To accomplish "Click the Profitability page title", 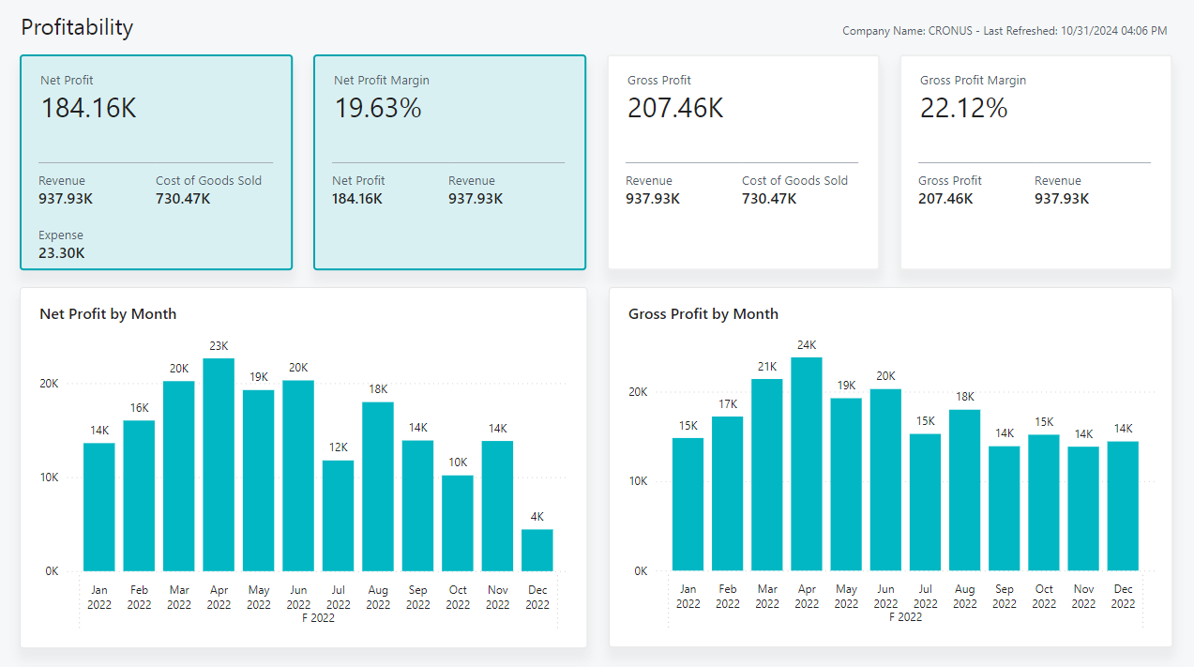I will pos(77,27).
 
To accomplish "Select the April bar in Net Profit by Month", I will pos(219,464).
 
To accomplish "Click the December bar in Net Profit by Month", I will pos(537,550).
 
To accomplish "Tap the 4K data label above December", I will pos(537,517).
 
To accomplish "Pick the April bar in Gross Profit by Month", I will pos(807,464).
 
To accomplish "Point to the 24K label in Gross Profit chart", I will pos(807,344).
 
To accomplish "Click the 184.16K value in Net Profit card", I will pos(88,108).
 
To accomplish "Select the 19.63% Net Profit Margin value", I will pos(378,108).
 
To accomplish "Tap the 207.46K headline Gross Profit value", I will pos(675,108).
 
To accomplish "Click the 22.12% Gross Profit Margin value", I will pos(963,108).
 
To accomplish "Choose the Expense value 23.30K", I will pos(62,252).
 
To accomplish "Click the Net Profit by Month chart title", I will pos(108,314).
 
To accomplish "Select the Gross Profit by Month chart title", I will pos(703,314).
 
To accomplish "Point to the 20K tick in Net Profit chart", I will pos(49,384).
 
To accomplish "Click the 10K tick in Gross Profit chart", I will pos(638,481).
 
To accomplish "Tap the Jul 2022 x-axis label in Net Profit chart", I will pos(339,598).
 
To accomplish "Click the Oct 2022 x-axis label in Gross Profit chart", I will pos(1044,597).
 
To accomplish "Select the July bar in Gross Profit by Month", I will pos(926,502).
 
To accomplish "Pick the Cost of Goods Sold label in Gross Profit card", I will pos(794,181).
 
